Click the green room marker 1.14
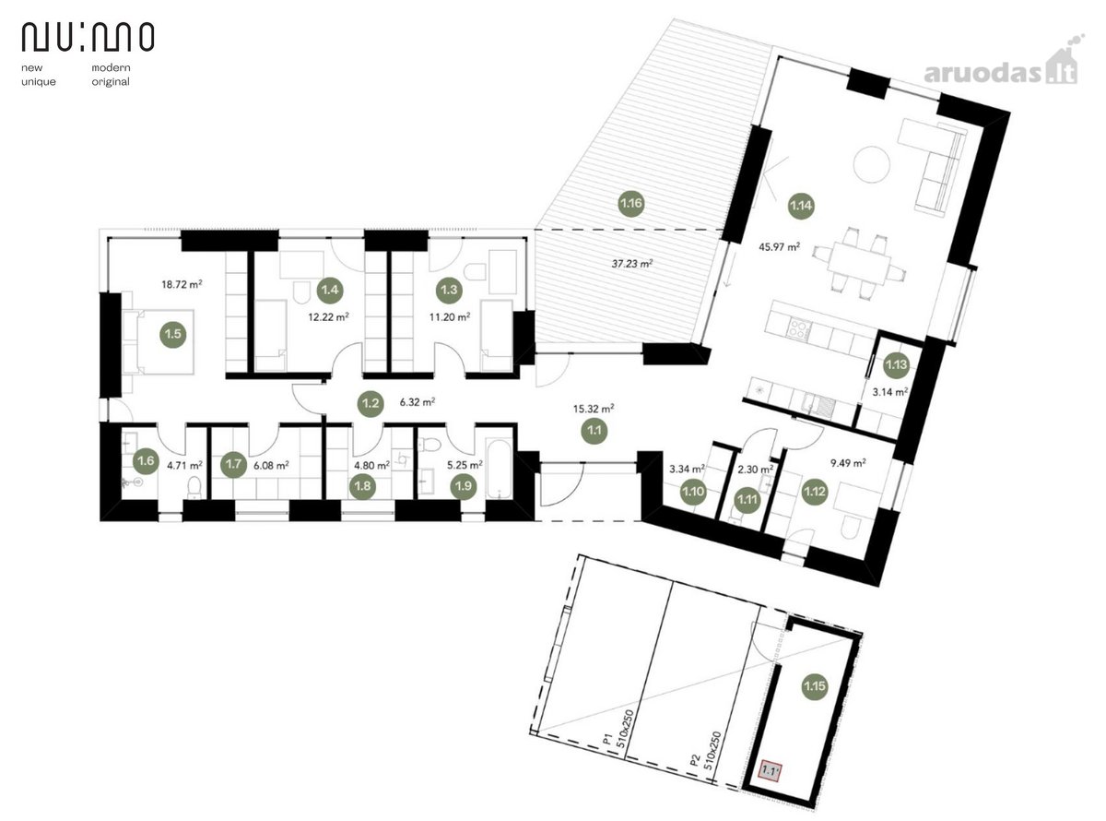coord(801,205)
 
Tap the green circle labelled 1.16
coord(630,204)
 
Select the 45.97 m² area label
coord(780,246)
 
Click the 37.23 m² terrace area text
coord(632,263)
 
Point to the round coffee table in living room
coord(872,163)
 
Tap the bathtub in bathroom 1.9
coord(500,468)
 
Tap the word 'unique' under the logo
coord(39,82)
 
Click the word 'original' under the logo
coord(111,82)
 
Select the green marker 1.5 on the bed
coord(173,334)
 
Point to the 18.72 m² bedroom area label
coord(182,284)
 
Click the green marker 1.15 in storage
coord(815,686)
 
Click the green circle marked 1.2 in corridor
coord(371,403)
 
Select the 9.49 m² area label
coord(848,463)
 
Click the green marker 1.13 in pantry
coord(896,364)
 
